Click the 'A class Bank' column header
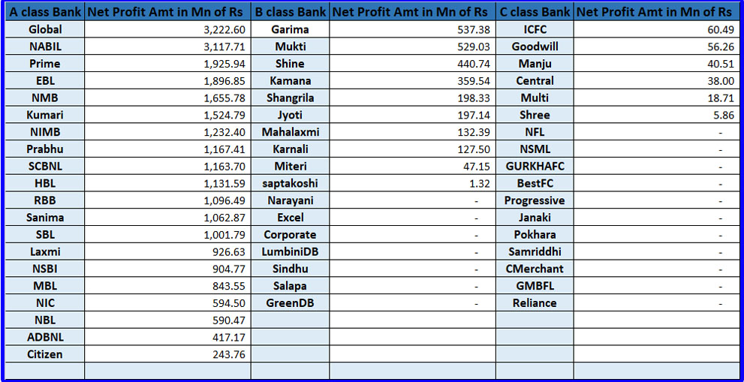pos(44,12)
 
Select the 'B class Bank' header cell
pos(290,12)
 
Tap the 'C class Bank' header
pos(535,12)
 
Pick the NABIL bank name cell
pos(44,47)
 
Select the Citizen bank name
pos(44,354)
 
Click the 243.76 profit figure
pos(230,354)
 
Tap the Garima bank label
pos(290,29)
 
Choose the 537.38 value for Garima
pos(474,29)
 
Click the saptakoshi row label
pos(290,183)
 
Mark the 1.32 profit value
pos(480,183)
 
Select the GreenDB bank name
pos(290,303)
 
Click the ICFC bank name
pos(535,29)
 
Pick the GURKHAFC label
pos(535,166)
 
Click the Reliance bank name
pos(535,303)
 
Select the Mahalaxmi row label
pos(290,132)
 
